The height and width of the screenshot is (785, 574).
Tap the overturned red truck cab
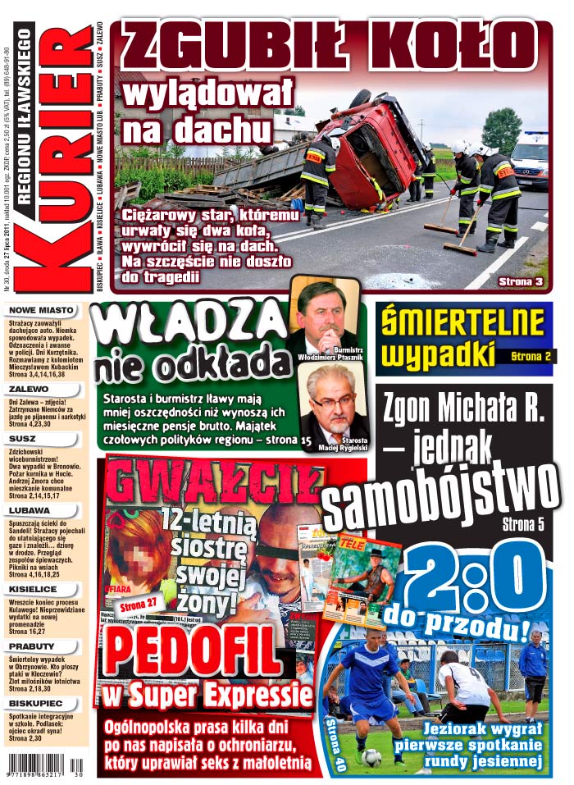[377, 152]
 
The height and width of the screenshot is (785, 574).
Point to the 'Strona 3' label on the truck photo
[521, 281]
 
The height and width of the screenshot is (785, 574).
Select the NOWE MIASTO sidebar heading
[41, 311]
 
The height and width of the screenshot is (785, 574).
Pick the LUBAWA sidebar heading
[30, 510]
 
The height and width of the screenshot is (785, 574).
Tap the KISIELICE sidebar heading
[34, 588]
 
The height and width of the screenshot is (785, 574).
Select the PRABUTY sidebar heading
[32, 646]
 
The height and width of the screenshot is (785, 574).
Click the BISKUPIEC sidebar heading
[36, 703]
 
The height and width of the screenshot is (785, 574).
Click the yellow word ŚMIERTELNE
[463, 322]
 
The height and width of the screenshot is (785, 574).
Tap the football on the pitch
[371, 757]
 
